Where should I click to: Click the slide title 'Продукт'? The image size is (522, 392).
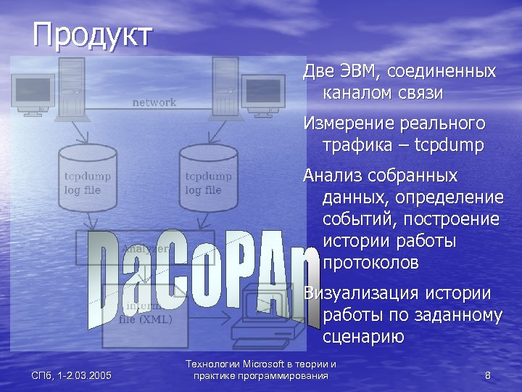point(92,34)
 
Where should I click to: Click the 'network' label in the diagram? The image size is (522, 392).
point(154,102)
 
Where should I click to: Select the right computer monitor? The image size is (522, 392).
point(262,92)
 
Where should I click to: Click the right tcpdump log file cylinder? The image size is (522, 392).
point(209,181)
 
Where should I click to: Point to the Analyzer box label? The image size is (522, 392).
point(145,248)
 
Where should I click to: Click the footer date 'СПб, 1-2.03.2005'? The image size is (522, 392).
point(71,375)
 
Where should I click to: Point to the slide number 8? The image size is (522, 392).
point(487,375)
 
